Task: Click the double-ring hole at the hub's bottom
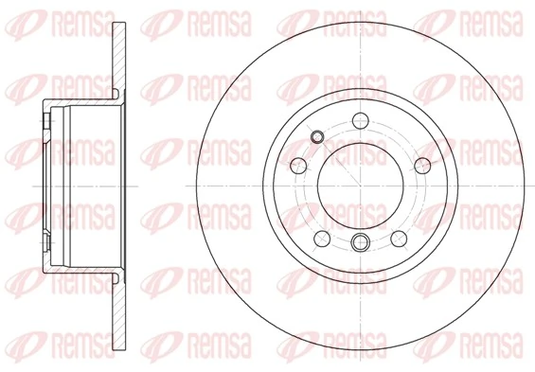coord(359,244)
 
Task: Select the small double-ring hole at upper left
coord(318,140)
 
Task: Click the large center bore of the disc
coord(359,185)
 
